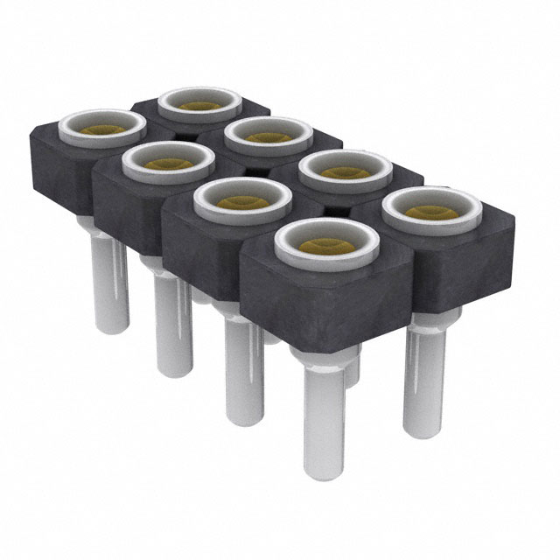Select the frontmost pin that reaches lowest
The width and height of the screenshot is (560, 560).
tap(324, 429)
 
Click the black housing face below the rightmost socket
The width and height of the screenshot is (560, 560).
tap(455, 262)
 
